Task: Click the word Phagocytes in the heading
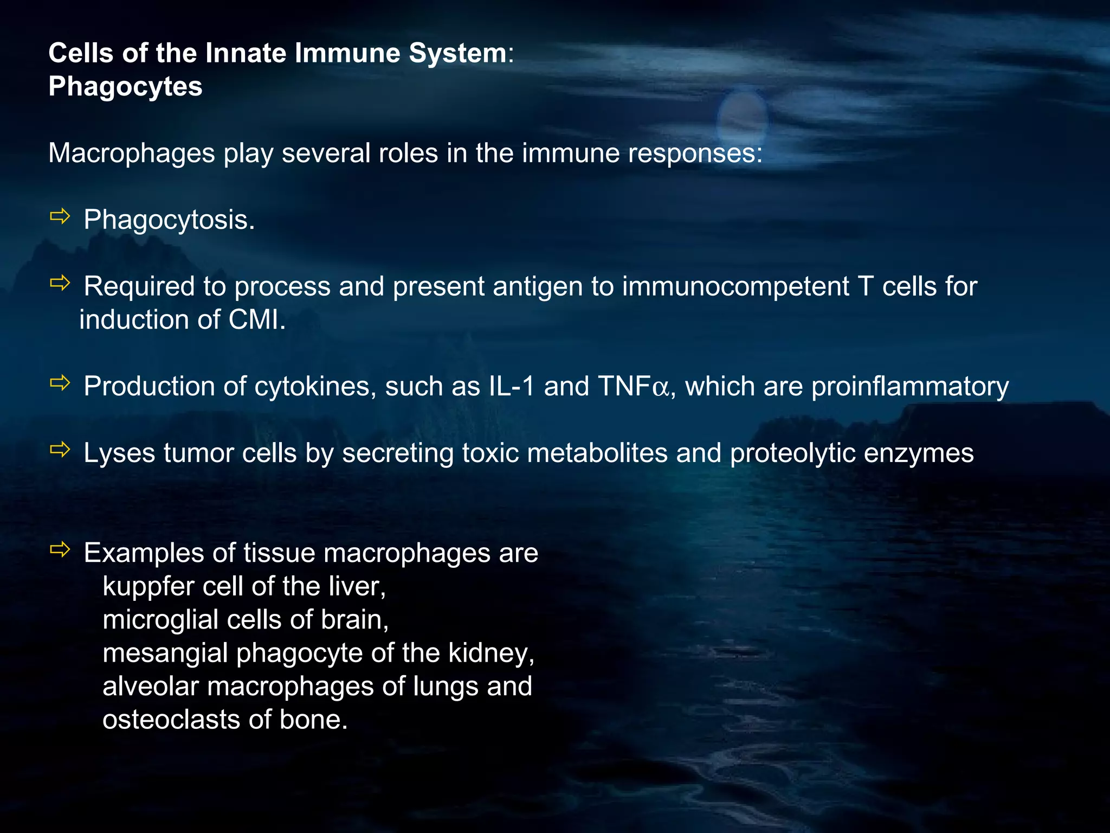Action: (125, 87)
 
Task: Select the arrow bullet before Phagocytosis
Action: (60, 216)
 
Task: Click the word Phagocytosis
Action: (169, 220)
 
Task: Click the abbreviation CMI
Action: (256, 320)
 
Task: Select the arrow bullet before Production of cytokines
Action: (60, 383)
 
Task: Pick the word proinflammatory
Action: (910, 387)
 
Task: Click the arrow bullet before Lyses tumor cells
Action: (60, 449)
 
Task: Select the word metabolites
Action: (597, 453)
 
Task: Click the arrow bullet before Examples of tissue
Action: (60, 549)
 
